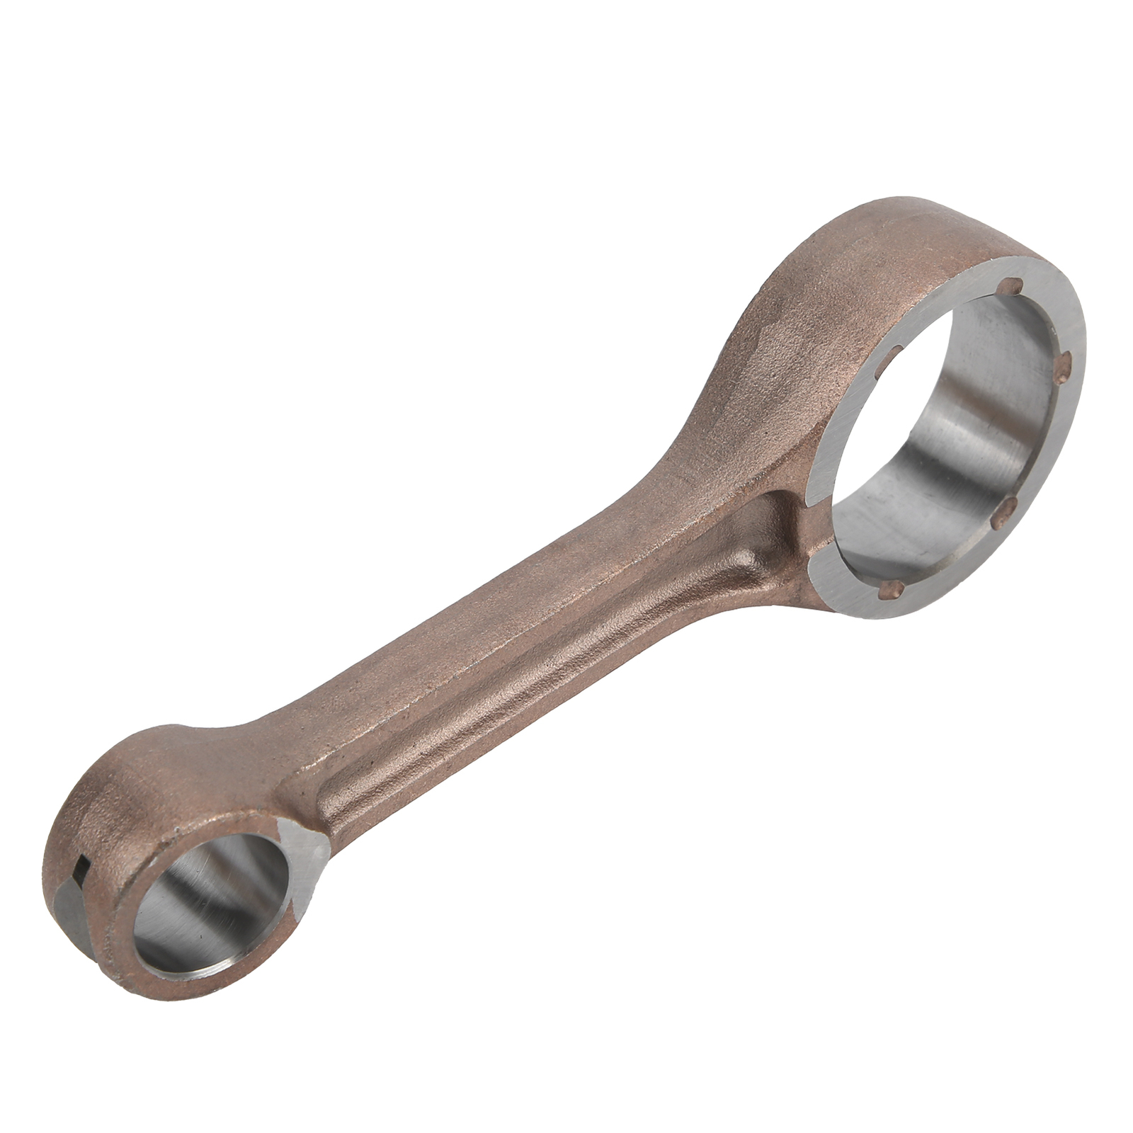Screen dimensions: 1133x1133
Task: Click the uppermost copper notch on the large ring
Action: (x=1017, y=287)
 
